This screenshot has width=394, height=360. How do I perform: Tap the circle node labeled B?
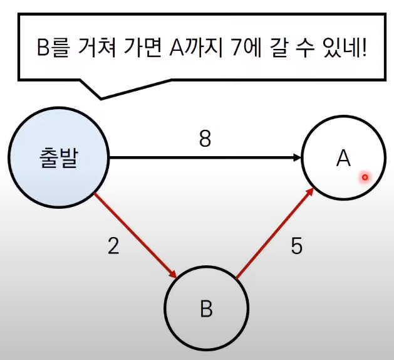point(206,309)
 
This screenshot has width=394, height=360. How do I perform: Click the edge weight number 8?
point(204,139)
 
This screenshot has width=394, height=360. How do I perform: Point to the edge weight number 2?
point(113,246)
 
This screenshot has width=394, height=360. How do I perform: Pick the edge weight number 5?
point(296,246)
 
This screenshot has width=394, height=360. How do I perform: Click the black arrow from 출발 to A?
point(200,159)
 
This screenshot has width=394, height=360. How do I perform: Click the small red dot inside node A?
point(364,177)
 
